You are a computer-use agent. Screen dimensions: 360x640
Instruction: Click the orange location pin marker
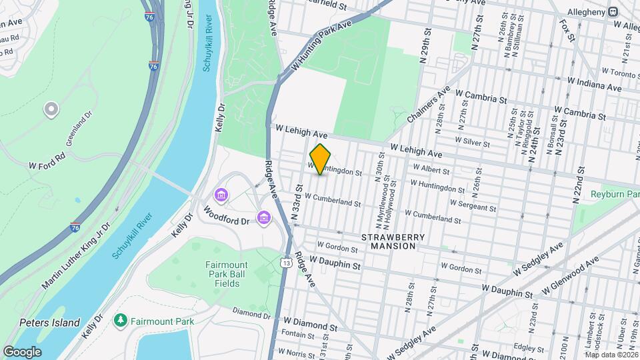tap(321, 159)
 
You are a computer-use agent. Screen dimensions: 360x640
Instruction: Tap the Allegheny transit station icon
tap(611, 12)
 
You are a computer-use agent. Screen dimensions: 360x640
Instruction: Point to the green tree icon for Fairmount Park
tap(121, 321)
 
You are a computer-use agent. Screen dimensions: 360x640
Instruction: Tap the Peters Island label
tap(49, 323)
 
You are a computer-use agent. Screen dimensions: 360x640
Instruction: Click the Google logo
tap(21, 352)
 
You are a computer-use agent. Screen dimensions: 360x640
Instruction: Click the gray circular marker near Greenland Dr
tap(51, 109)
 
